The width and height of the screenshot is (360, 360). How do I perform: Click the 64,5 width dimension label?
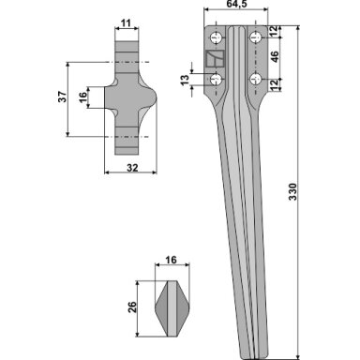point(236,4)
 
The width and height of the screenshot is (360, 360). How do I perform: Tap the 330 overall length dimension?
point(292,191)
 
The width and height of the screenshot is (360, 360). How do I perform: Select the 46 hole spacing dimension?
point(274,56)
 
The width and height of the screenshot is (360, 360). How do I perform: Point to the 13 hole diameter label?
point(186,80)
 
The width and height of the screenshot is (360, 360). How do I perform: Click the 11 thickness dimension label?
point(126,22)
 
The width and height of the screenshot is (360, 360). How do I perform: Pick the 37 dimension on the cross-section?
point(63,97)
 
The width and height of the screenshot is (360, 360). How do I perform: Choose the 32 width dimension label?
point(132,168)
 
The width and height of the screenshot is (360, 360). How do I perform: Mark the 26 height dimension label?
point(132,307)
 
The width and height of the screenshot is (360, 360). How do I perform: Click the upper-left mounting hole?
point(216,38)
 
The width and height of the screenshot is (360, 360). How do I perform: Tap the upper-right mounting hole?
point(256,38)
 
